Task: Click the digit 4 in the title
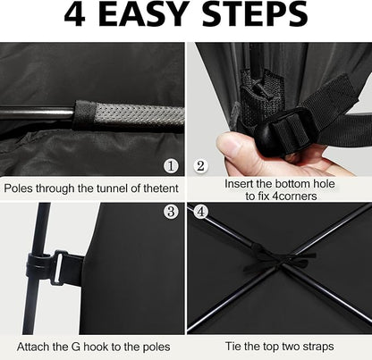click(x=75, y=14)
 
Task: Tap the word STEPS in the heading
click(x=255, y=14)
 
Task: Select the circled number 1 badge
click(x=171, y=166)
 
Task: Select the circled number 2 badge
click(x=200, y=166)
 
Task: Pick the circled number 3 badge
click(x=171, y=212)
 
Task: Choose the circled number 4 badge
click(x=201, y=212)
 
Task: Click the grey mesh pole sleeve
click(x=130, y=115)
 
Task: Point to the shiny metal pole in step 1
click(x=37, y=113)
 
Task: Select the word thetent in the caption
click(x=161, y=188)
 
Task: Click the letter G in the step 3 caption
click(x=76, y=347)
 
